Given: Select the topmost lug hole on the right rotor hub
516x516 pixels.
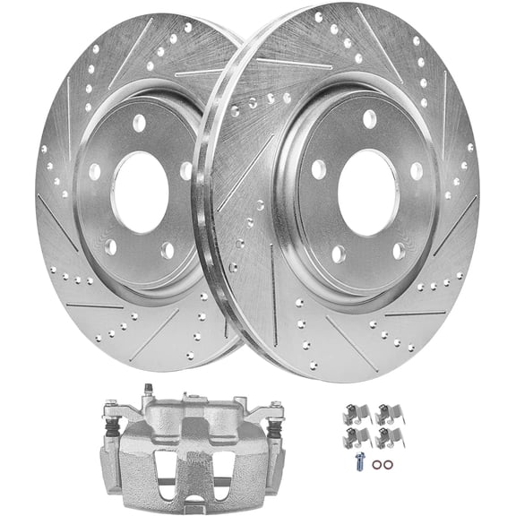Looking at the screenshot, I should [369, 116].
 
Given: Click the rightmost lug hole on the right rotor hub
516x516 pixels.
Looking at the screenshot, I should [417, 168].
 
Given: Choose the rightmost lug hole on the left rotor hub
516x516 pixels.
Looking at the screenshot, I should [185, 170].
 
